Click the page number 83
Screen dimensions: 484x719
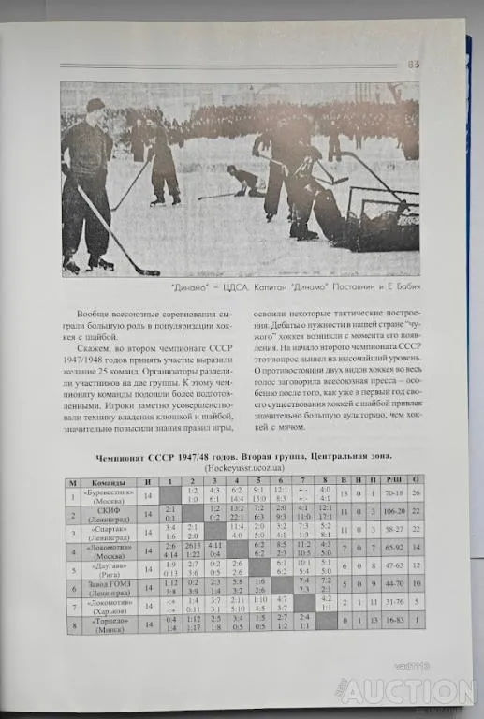pos(412,64)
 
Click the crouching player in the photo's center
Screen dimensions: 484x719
pos(246,180)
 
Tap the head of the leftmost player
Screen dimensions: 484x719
pos(95,106)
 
